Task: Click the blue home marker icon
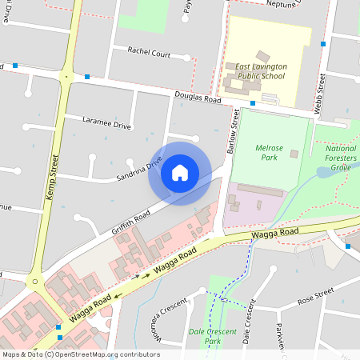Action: click(x=179, y=173)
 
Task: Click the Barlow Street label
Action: click(x=235, y=133)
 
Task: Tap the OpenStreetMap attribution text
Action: click(x=80, y=354)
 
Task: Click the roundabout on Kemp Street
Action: click(x=34, y=282)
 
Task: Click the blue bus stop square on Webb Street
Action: click(x=323, y=44)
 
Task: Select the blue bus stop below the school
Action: click(x=252, y=103)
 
